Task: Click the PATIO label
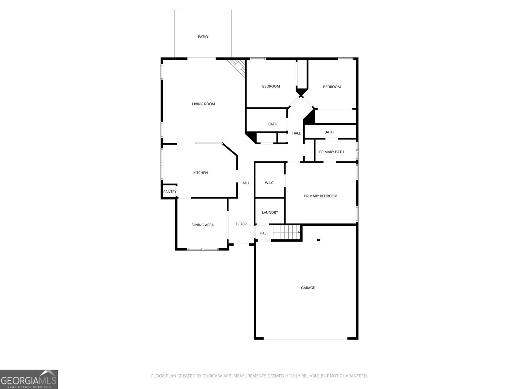[x=203, y=37]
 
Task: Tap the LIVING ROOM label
[x=203, y=104]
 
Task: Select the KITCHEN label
[x=200, y=173]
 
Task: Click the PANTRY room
[x=170, y=192]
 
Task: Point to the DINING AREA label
[x=202, y=225]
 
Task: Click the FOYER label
[x=241, y=224]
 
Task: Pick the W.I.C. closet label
[x=270, y=183]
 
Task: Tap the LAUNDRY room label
[x=270, y=213]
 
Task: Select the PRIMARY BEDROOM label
[x=320, y=196]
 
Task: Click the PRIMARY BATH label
[x=332, y=152]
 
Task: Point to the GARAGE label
[x=308, y=288]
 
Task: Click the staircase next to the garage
[x=286, y=232]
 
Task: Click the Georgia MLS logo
[x=29, y=379]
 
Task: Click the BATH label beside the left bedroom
[x=272, y=124]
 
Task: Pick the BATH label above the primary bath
[x=329, y=132]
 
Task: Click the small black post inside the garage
[x=319, y=240]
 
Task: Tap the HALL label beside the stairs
[x=264, y=233]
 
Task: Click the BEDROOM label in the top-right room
[x=332, y=87]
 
